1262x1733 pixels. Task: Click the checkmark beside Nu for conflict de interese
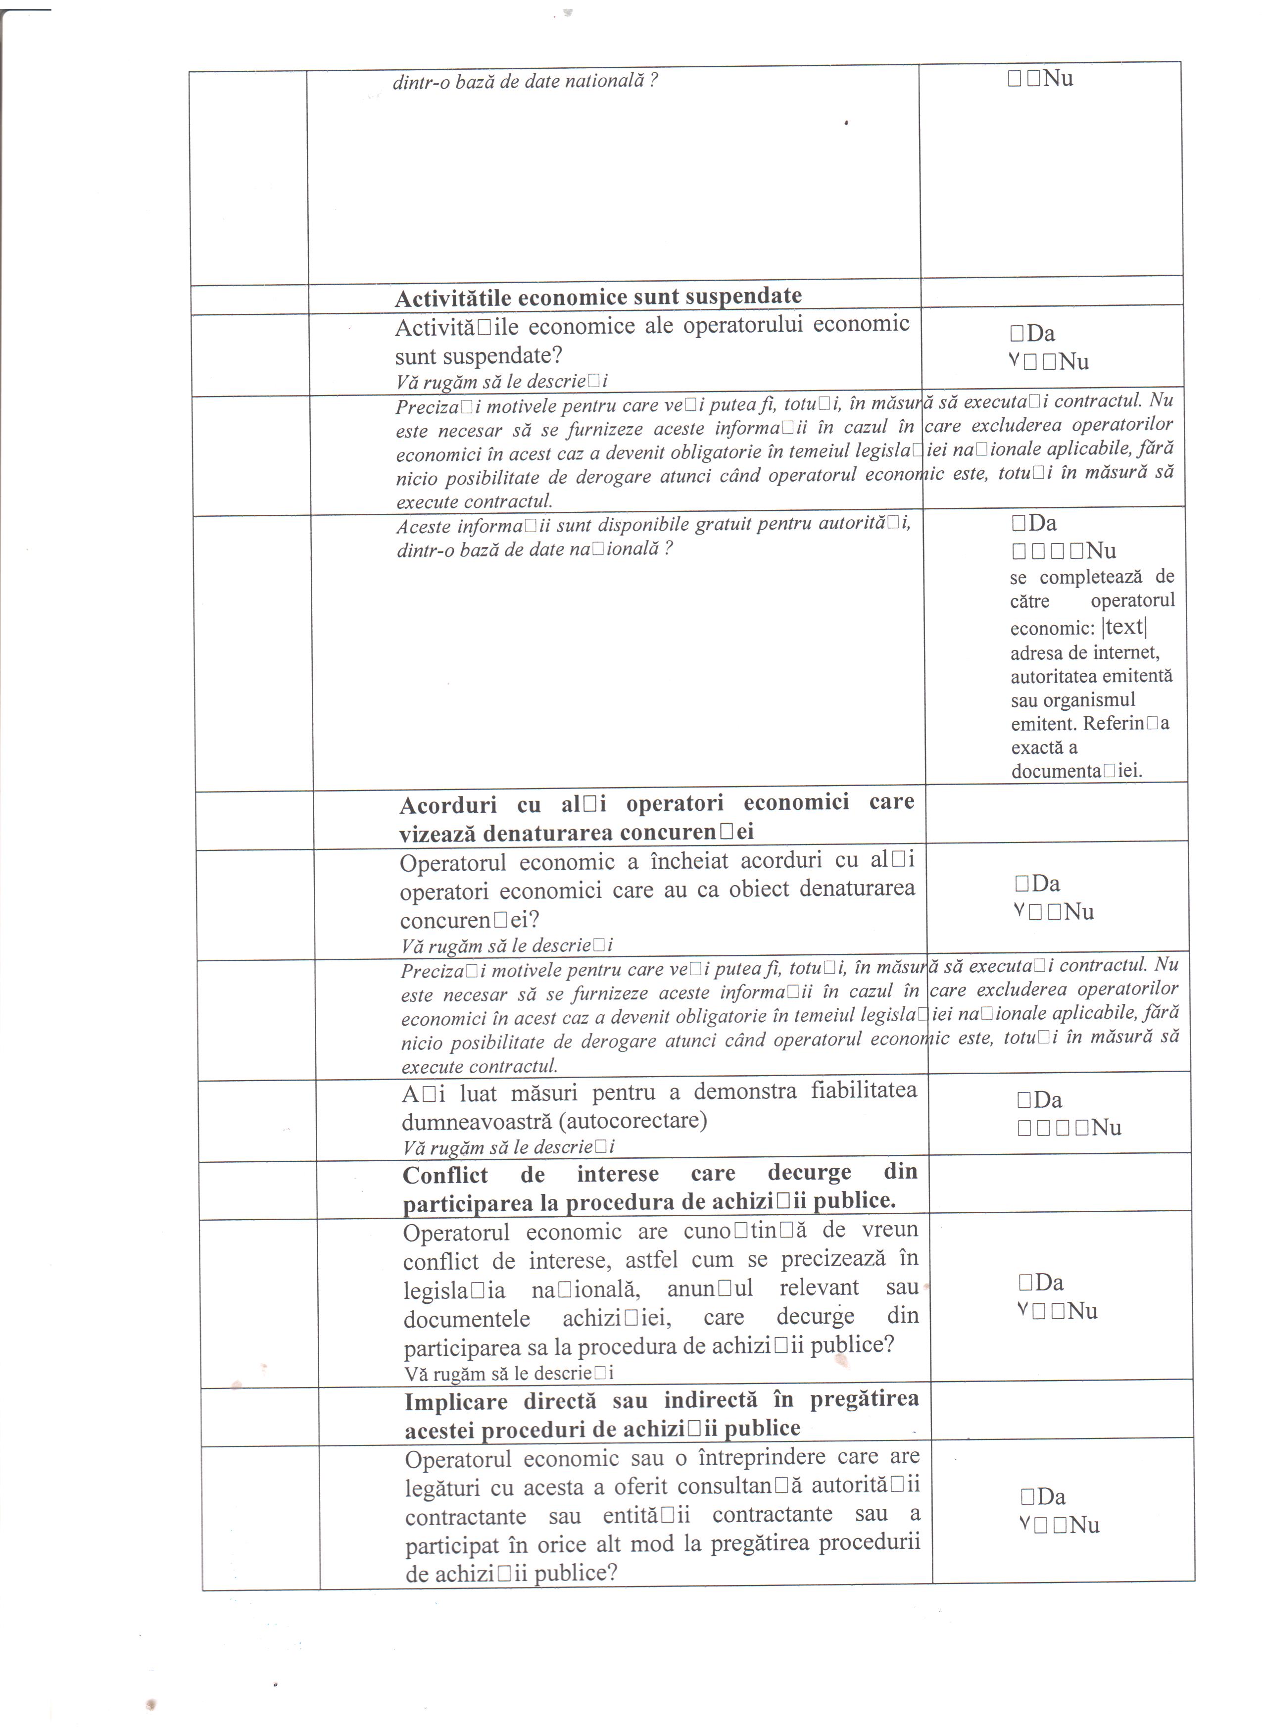pos(1022,1310)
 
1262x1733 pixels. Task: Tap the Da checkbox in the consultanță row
pos(1027,1495)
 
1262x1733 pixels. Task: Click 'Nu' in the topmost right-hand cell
pos(1058,79)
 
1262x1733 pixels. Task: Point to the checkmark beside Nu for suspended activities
pos(1014,361)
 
